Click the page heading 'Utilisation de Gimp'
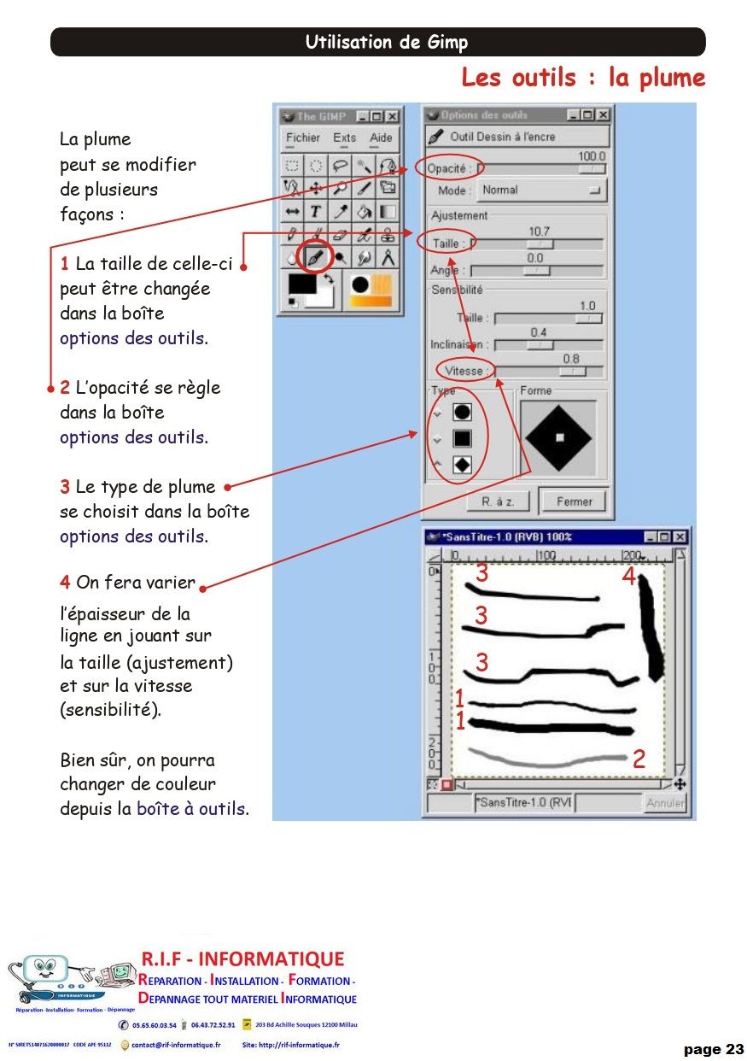pyautogui.click(x=386, y=43)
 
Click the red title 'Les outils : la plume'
pyautogui.click(x=583, y=78)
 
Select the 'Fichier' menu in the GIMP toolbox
pyautogui.click(x=302, y=138)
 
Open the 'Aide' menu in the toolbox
pyautogui.click(x=381, y=138)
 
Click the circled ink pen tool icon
pyautogui.click(x=316, y=257)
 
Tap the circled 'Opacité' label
pyautogui.click(x=448, y=168)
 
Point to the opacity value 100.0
pyautogui.click(x=591, y=156)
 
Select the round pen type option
pyautogui.click(x=462, y=412)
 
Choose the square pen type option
pyautogui.click(x=462, y=438)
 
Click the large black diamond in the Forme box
pyautogui.click(x=559, y=437)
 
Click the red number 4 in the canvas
pyautogui.click(x=628, y=577)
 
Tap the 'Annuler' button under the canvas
pyautogui.click(x=664, y=803)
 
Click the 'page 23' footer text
pyautogui.click(x=713, y=1049)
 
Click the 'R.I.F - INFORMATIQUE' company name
pyautogui.click(x=242, y=958)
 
